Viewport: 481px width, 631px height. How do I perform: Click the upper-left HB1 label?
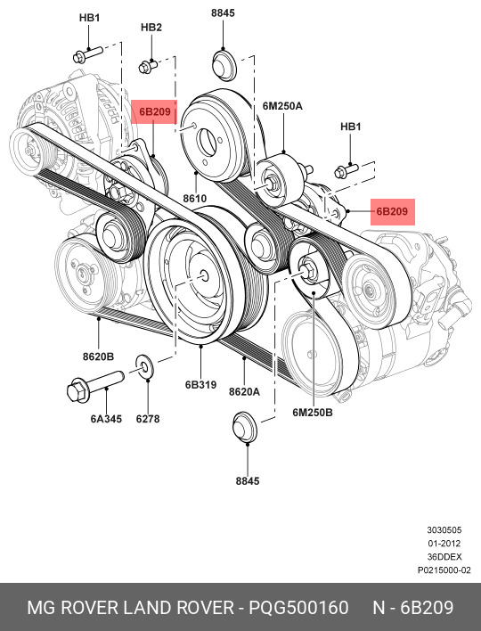point(89,18)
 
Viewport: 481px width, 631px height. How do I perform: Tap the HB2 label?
point(151,28)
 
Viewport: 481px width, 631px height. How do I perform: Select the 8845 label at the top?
point(223,12)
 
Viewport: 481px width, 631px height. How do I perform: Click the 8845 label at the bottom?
point(248,481)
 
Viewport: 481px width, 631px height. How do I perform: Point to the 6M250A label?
point(282,106)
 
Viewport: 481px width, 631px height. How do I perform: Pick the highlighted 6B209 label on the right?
point(392,211)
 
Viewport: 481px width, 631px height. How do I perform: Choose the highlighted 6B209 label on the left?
point(155,111)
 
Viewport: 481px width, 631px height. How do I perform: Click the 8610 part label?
point(195,199)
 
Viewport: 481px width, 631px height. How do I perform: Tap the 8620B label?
point(99,356)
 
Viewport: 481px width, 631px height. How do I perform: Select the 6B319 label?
point(200,385)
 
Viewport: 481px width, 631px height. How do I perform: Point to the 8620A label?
point(245,391)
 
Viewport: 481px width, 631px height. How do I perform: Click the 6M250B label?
point(313,413)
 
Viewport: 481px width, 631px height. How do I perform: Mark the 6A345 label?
point(106,419)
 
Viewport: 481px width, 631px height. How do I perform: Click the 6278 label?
point(148,419)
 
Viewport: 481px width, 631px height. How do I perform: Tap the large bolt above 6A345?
point(95,386)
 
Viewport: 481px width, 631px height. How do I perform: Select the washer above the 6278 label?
point(145,366)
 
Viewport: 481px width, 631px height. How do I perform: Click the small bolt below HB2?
point(148,66)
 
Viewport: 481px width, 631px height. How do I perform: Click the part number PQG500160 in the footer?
point(298,608)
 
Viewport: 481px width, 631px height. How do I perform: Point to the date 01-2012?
point(444,544)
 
